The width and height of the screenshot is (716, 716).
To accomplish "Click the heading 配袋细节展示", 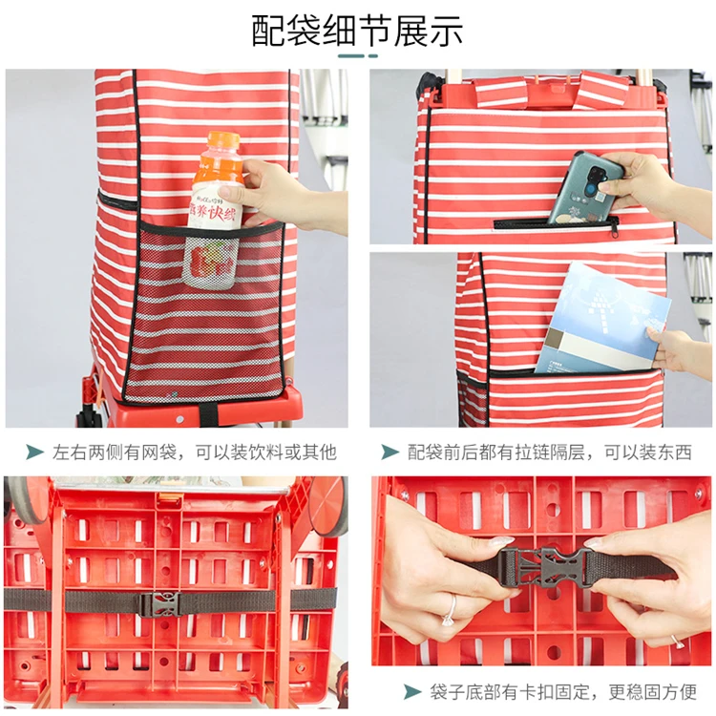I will [357, 31].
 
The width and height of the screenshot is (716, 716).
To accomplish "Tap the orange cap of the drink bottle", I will [221, 141].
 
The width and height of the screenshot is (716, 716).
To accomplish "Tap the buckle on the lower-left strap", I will [161, 603].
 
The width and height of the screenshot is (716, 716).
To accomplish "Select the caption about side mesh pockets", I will [194, 453].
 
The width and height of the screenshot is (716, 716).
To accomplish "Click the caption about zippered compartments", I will [549, 453].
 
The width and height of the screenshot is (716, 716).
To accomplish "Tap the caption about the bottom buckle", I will [563, 691].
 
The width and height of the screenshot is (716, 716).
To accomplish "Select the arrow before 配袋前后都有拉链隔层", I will [390, 453].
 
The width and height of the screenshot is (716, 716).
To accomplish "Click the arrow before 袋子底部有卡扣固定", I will [412, 691].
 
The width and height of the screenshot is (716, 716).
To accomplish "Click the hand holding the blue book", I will [673, 348].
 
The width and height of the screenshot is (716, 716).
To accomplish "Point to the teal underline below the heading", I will [357, 56].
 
